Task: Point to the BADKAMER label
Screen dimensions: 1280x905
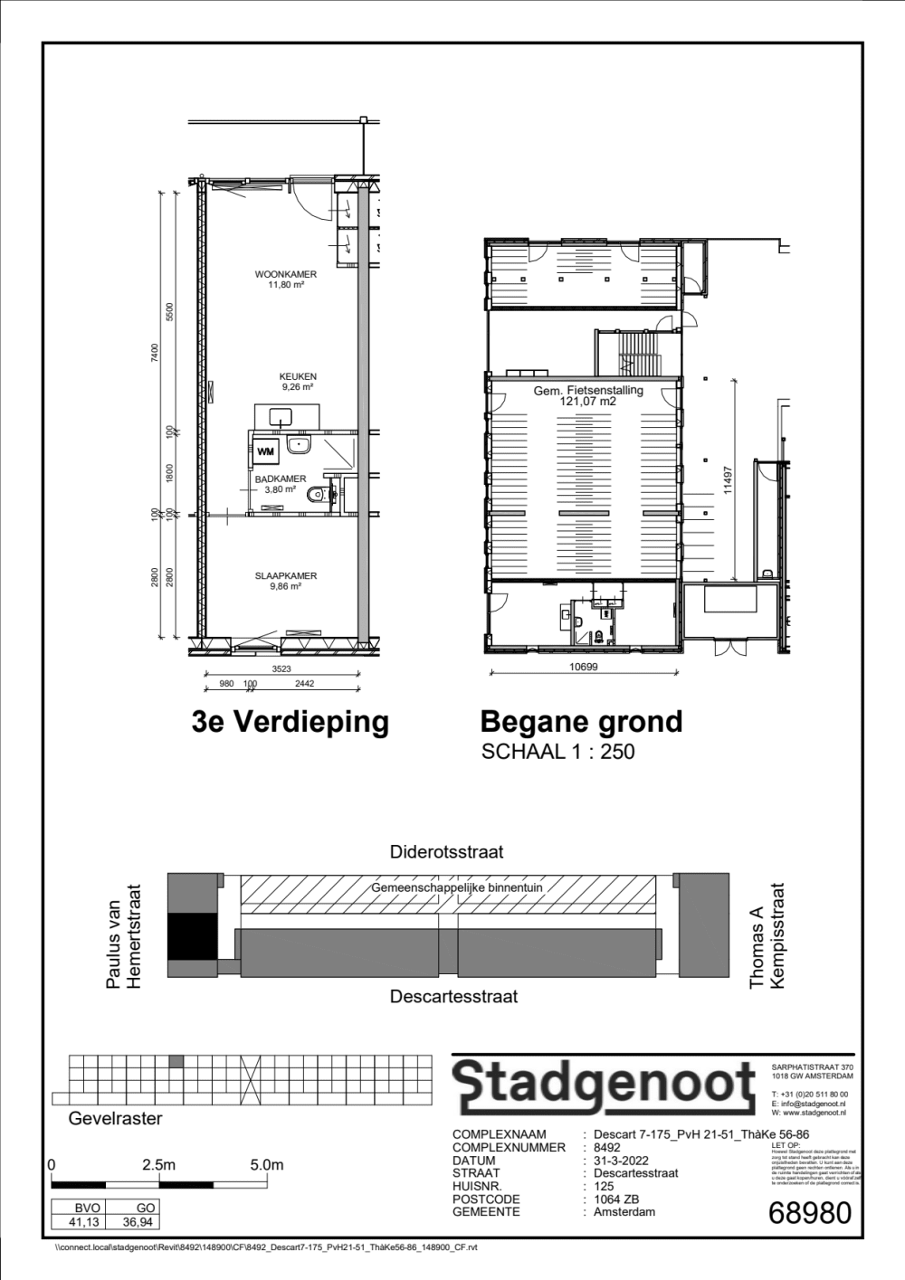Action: [x=280, y=479]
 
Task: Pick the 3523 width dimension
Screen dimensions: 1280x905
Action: [x=281, y=668]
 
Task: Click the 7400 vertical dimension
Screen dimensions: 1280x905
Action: [x=155, y=353]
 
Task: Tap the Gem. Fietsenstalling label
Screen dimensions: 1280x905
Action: [x=588, y=391]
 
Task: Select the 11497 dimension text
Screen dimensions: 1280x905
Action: [x=727, y=475]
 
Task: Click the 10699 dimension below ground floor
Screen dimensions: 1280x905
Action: [x=583, y=667]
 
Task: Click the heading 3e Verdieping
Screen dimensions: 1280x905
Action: [x=290, y=722]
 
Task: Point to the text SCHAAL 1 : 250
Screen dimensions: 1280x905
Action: [x=557, y=752]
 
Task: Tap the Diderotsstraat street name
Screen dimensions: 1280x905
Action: [x=447, y=851]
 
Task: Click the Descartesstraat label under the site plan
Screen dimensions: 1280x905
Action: [x=453, y=996]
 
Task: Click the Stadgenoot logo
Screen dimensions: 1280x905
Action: [x=603, y=1085]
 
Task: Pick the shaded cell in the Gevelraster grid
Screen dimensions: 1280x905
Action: [x=176, y=1061]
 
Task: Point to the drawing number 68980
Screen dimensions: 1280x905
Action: [x=809, y=1212]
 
